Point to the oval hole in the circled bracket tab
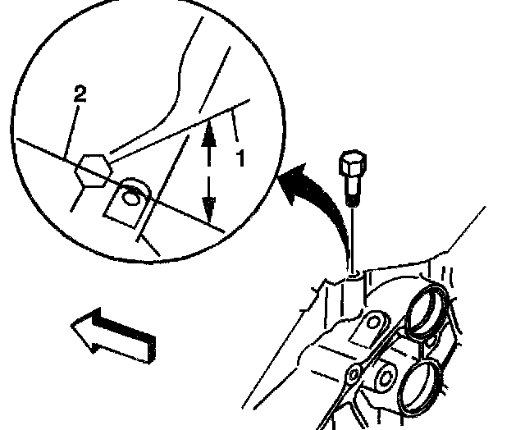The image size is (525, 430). click(x=129, y=197)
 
